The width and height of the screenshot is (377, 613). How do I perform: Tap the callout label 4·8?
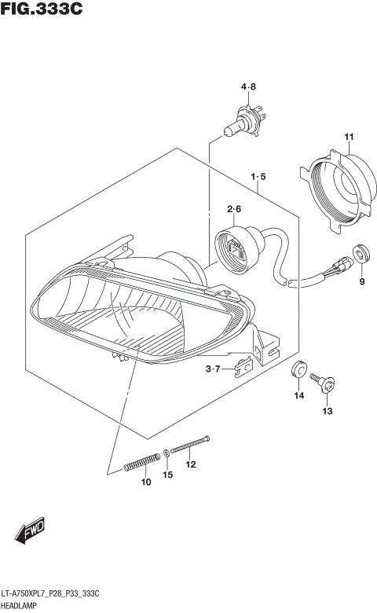click(248, 86)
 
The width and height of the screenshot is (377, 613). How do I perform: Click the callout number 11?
click(349, 138)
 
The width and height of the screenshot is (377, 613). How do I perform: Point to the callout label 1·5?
click(258, 177)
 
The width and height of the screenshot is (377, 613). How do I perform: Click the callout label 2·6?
click(234, 209)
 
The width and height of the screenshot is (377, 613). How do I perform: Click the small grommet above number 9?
click(361, 253)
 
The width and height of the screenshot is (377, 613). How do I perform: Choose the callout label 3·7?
click(214, 369)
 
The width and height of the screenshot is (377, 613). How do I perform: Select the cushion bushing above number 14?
click(298, 370)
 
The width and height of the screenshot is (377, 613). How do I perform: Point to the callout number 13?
click(328, 410)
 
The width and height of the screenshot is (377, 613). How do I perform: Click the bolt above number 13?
click(324, 383)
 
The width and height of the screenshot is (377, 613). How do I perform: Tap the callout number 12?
click(190, 464)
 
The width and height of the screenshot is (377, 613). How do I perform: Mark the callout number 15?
click(167, 474)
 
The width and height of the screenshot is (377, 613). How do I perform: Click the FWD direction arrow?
click(31, 534)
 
